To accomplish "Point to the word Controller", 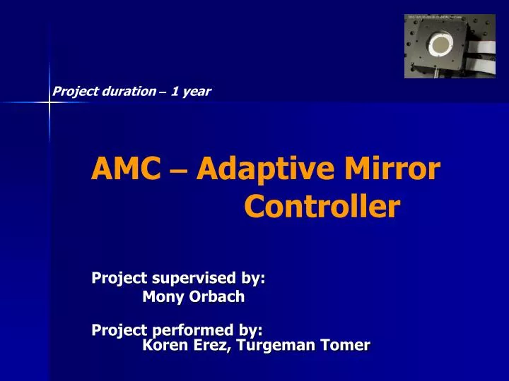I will [322, 207].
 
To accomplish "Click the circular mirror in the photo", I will [440, 47].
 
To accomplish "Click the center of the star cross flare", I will [49, 103].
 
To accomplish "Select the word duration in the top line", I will [127, 91].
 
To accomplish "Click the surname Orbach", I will [216, 297].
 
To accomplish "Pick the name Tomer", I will [347, 345].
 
